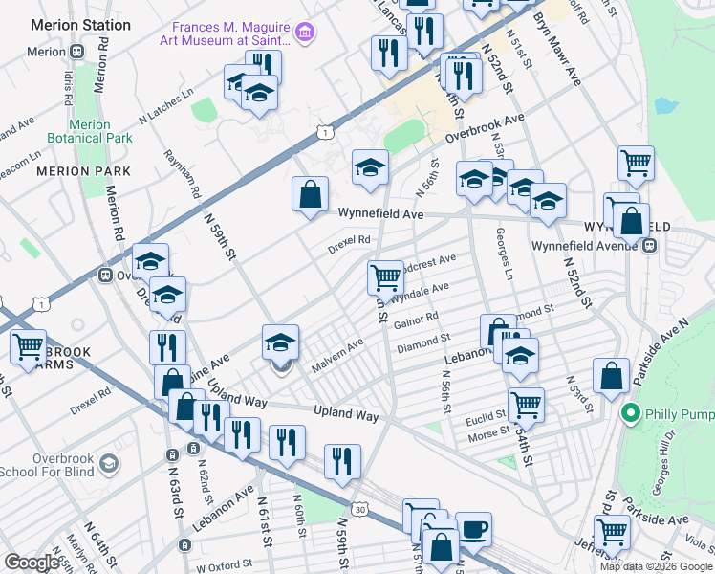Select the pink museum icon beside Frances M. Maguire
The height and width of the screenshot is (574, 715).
point(305,34)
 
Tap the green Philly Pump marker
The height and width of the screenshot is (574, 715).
point(630,414)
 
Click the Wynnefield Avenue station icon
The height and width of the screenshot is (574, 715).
point(650,245)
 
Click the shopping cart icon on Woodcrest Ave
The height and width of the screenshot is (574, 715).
point(385,277)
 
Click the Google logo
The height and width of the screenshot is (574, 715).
point(32,563)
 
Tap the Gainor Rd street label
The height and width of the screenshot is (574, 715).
point(415,320)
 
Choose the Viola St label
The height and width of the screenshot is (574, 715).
point(699,549)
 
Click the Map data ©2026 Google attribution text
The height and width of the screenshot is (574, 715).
point(655,565)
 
